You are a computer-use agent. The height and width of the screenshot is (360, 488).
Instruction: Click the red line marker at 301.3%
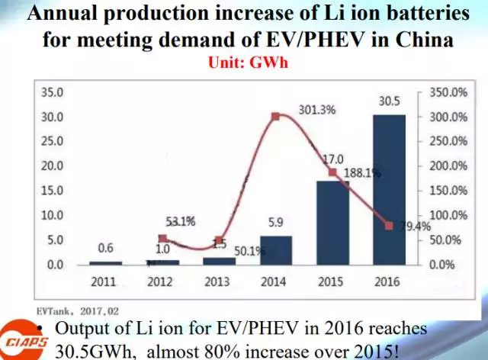pos(274,117)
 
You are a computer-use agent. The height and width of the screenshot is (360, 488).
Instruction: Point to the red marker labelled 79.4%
pos(389,226)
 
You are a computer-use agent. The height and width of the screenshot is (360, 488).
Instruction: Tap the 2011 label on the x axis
pos(103,281)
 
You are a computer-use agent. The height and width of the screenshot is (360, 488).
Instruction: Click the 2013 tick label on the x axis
pos(217,281)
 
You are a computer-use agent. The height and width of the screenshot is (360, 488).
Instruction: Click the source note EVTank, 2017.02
pos(76,310)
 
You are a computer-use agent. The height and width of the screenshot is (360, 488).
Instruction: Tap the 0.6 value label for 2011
pos(105,249)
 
